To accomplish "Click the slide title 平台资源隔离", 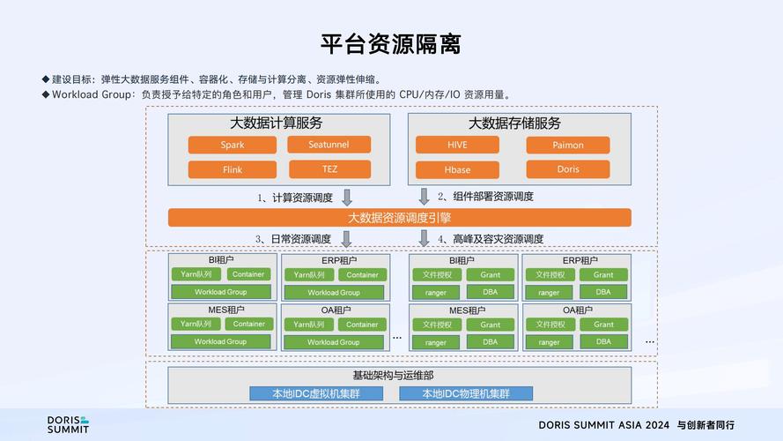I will click(x=391, y=43).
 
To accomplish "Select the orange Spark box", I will click(x=233, y=145).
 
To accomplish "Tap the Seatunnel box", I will click(x=329, y=145).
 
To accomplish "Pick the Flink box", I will click(x=233, y=169).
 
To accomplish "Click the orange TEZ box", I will click(x=329, y=169).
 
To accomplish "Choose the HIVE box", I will click(x=457, y=145).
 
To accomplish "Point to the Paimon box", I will click(x=568, y=145).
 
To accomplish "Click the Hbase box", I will click(x=457, y=169).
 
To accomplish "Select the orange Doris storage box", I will click(x=568, y=169).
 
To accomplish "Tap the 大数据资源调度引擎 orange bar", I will click(x=399, y=217).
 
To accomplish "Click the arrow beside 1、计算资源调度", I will click(x=347, y=197).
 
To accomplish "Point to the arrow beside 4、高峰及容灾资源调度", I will click(x=424, y=238).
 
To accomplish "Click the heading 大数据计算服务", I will click(x=276, y=123).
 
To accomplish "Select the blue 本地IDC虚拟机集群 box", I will click(x=318, y=393).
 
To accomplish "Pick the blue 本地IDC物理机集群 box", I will click(x=466, y=393).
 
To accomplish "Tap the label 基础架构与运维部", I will click(x=399, y=375).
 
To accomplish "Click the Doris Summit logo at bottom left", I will click(x=68, y=424).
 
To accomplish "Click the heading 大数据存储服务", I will click(x=514, y=123).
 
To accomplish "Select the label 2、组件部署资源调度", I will click(x=486, y=197).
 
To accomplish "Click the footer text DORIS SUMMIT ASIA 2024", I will click(x=604, y=425).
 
